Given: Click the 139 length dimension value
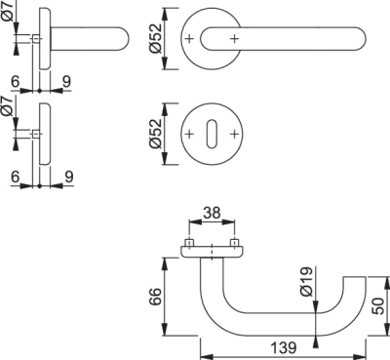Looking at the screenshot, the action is (284, 347).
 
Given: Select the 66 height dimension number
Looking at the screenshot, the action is (156, 297).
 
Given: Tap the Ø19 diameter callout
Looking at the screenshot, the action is (306, 282).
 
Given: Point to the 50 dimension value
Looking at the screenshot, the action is (378, 306).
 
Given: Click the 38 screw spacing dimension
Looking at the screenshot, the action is (212, 214).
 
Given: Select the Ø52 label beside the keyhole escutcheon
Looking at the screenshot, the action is (155, 134).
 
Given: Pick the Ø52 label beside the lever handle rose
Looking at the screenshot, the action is (155, 38).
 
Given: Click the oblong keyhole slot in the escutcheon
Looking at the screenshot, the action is (212, 134).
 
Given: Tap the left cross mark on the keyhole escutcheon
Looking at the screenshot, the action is (189, 134).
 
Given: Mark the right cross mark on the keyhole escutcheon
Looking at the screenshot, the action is (234, 134).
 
